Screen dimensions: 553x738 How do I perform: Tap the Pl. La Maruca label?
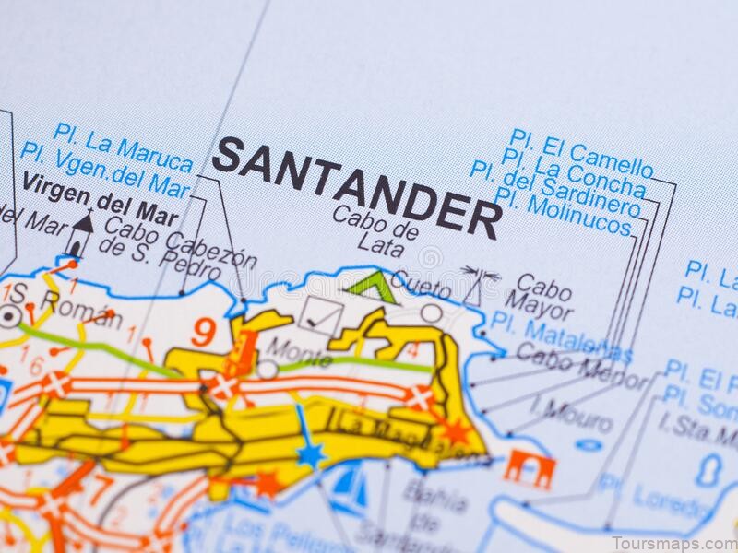123,147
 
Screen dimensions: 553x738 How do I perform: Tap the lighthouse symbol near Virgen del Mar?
82,233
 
